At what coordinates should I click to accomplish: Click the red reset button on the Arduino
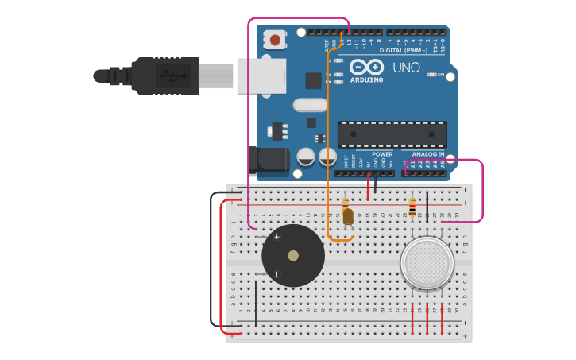(275, 39)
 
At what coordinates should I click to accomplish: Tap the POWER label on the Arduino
(382, 154)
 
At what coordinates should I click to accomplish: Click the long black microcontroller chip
(392, 134)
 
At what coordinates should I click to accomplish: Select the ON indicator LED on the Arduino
(431, 75)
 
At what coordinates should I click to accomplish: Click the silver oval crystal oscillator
(309, 105)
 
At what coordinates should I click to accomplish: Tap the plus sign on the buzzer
(276, 237)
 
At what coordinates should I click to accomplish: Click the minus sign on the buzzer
(276, 274)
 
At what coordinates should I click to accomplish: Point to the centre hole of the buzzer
(293, 256)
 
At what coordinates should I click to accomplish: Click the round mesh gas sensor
(427, 262)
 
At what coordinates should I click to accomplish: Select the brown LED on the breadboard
(347, 216)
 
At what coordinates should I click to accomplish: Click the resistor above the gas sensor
(412, 208)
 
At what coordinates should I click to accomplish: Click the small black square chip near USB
(313, 80)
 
